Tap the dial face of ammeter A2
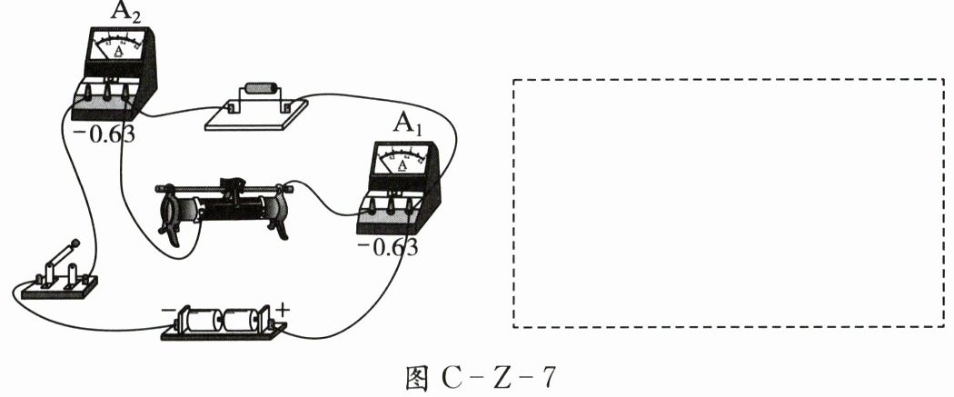click(117, 45)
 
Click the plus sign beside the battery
click(283, 311)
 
